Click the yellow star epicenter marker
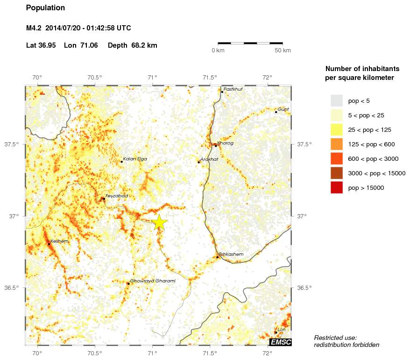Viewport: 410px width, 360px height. [159, 223]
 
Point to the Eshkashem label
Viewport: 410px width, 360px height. [231, 254]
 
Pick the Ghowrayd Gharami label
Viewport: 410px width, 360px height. [152, 281]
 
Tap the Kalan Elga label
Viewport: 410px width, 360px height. [135, 159]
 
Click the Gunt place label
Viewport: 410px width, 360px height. [283, 109]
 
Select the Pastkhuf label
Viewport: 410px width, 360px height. [233, 89]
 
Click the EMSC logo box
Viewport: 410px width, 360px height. [281, 343]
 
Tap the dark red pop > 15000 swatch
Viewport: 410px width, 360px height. [336, 187]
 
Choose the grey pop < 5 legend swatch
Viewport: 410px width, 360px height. [336, 101]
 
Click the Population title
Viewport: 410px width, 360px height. [46, 8]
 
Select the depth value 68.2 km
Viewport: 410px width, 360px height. [144, 45]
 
